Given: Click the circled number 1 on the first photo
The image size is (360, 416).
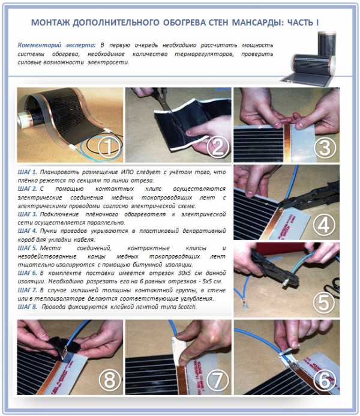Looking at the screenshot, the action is [109, 146].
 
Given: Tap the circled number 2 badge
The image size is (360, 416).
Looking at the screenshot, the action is [217, 146].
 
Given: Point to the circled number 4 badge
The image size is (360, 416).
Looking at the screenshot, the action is [324, 225].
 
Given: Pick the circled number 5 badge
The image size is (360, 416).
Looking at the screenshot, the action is [324, 303].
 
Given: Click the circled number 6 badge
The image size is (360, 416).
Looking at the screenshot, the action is [325, 380].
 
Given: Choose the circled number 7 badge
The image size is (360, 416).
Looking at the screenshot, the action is [217, 380].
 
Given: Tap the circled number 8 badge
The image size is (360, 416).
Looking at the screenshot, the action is [109, 380].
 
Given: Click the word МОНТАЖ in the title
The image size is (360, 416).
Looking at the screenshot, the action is [50, 23].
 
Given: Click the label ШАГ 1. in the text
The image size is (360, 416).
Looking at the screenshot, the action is [28, 172].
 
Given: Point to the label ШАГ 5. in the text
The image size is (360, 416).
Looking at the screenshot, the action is [28, 248].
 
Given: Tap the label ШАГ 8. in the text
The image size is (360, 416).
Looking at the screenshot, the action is [28, 307].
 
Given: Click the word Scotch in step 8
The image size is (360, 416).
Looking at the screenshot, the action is [187, 307].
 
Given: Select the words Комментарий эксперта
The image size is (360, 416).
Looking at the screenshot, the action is [56, 45].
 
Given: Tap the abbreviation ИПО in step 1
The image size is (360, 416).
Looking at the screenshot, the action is [127, 172].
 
